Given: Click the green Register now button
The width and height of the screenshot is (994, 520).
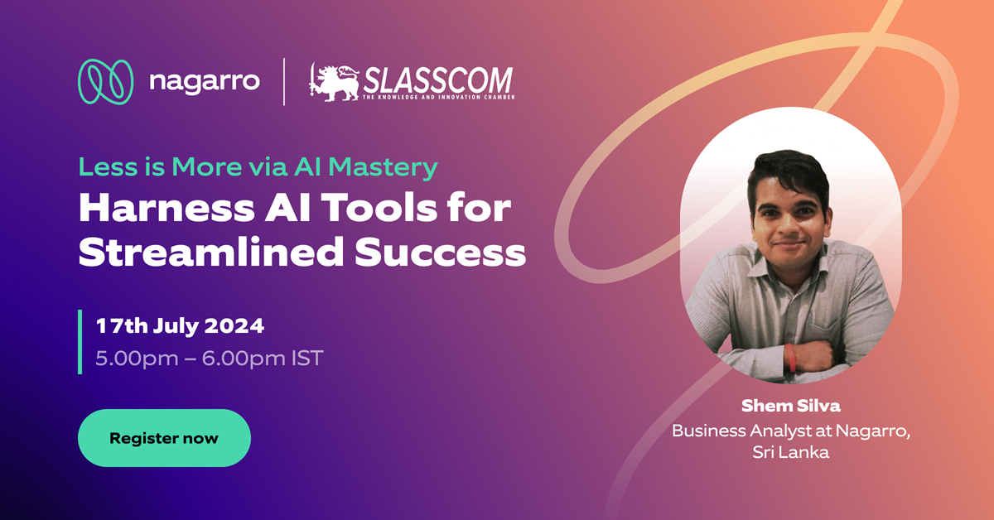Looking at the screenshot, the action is click(x=164, y=438).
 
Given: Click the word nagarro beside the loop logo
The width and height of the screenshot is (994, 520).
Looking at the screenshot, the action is click(x=205, y=82).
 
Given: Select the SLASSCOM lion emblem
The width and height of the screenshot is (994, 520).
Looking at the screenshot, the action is click(x=334, y=83).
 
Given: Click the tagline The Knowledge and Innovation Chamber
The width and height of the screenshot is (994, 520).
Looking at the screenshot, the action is click(x=438, y=97).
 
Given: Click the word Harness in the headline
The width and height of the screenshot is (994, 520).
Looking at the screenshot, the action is click(x=166, y=208).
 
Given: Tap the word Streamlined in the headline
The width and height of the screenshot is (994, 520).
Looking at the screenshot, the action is click(x=210, y=252).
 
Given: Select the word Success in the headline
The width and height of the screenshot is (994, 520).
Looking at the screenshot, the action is click(x=440, y=253).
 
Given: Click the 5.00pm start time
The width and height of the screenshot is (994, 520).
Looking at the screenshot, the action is click(x=137, y=359).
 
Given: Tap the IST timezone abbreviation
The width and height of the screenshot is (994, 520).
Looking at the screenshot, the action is click(x=307, y=359).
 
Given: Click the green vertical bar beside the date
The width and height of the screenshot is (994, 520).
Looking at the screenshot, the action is click(x=80, y=342).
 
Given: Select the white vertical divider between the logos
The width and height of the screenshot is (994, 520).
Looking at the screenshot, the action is click(x=284, y=82).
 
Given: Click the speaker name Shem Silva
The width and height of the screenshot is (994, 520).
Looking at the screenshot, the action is click(x=791, y=406).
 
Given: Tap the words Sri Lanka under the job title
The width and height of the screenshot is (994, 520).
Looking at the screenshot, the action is click(x=791, y=452).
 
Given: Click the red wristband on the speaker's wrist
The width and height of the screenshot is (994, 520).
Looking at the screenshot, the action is click(x=790, y=358).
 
